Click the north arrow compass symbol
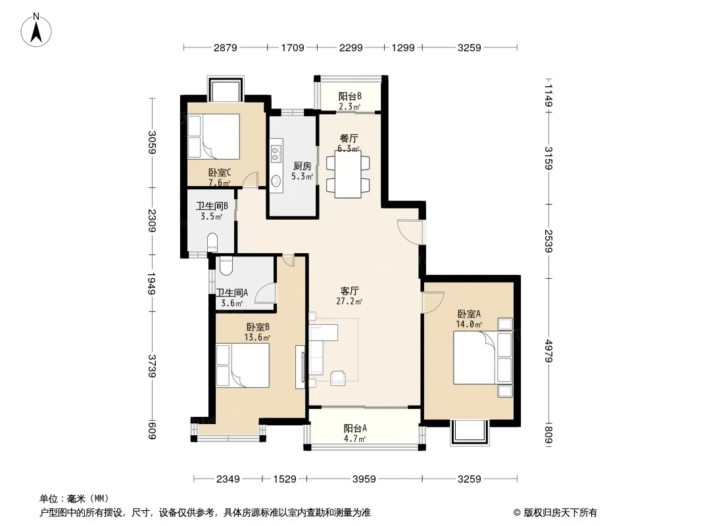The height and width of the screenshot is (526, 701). point(36,30)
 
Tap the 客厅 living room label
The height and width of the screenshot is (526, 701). point(349,291)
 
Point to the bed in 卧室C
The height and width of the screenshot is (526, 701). point(213,136)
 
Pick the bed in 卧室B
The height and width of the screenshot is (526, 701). point(242,365)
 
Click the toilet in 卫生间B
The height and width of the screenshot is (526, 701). point(213,242)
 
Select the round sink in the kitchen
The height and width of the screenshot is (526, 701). point(276,181)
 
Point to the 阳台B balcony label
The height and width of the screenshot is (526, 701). point(350,96)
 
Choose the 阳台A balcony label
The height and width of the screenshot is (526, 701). point(355,428)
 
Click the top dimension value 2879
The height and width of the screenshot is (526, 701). point(226,47)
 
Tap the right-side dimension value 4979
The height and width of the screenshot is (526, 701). point(549,351)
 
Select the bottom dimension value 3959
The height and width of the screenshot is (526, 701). point(364,479)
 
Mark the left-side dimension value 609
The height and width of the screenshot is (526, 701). point(152,430)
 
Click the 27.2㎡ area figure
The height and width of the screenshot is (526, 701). point(349,302)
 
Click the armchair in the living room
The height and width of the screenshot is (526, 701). point(338,378)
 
